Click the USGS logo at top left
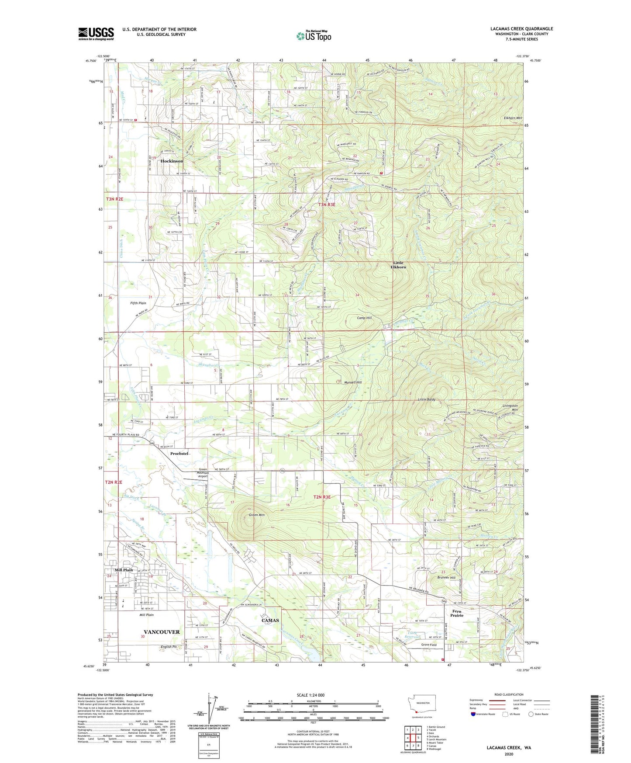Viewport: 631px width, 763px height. tap(96, 34)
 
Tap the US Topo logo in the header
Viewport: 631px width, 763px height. tap(314, 36)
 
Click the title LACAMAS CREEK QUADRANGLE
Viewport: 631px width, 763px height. tap(521, 29)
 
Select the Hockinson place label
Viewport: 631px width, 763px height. tap(172, 161)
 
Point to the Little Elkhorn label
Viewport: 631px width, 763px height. tap(398, 265)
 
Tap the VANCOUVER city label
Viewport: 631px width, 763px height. tap(162, 632)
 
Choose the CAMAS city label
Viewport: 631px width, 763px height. tap(270, 620)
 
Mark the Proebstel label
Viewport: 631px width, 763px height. tap(179, 454)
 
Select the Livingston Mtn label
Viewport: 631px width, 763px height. tap(509, 407)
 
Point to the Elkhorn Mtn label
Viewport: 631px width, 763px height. tap(513, 118)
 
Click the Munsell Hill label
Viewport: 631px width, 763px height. tap(353, 382)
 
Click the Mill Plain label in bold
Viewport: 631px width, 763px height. tap(124, 570)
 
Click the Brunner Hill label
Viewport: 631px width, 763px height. tap(446, 578)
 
